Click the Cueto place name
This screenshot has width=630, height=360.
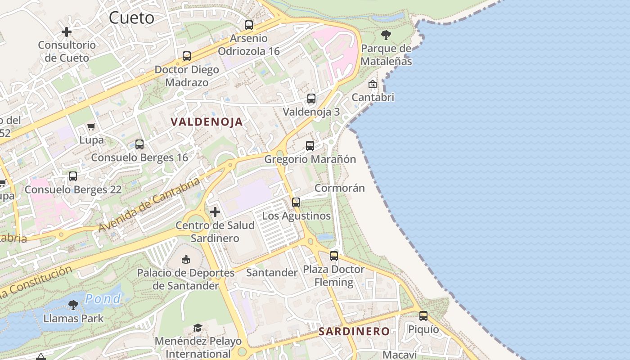pos(132,18)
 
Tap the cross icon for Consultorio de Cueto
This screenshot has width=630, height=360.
pos(67,32)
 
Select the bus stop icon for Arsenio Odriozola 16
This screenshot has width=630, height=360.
pos(249,25)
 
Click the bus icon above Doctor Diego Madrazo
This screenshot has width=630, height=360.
pos(187,57)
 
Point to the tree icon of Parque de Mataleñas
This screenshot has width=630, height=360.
pos(386,35)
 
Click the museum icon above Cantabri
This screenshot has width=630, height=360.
pos(373,84)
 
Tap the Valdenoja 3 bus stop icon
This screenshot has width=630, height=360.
pos(311,99)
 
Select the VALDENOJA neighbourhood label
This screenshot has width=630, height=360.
pos(207,121)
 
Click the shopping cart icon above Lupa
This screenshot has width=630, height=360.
pos(91,127)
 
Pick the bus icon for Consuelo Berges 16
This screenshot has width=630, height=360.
pos(139,144)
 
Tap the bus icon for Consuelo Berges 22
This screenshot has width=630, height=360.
pos(73,176)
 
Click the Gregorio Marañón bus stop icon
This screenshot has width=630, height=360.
pos(310,146)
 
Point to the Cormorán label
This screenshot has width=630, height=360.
pos(340,188)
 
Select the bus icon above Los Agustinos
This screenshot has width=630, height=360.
pos(296,202)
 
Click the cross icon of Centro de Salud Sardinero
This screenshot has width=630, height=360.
pos(215,212)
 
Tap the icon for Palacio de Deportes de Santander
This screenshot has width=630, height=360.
pos(186,259)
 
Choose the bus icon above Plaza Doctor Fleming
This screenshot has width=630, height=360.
pos(334,256)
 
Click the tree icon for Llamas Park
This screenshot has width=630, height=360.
pos(73,305)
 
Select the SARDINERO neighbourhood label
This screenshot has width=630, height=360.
pos(354,332)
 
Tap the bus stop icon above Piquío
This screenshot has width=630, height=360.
pos(423,316)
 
